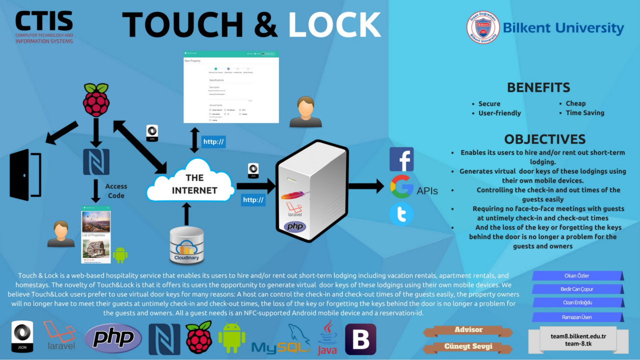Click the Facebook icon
(x=401, y=159)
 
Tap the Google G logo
(x=401, y=186)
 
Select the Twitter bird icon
(x=401, y=214)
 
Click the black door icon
(x=25, y=175)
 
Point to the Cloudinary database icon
(x=186, y=245)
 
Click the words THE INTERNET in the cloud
(x=194, y=184)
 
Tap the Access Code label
(x=116, y=191)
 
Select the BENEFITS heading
(x=538, y=87)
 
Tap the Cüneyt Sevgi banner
(x=468, y=346)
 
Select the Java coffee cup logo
(x=327, y=337)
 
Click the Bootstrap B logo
(x=360, y=339)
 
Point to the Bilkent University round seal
(x=483, y=27)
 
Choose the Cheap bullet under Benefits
(x=575, y=103)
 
